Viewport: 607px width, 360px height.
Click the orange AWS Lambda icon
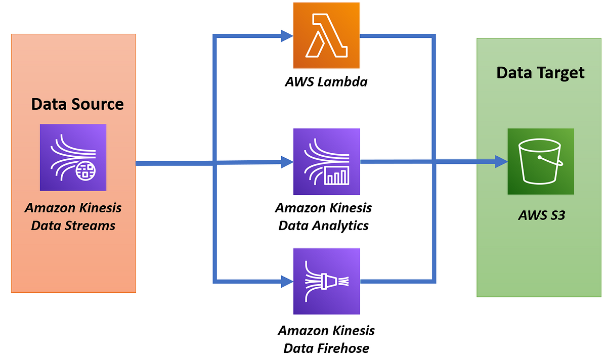[x=326, y=35]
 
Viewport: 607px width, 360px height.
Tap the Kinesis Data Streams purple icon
[x=73, y=157]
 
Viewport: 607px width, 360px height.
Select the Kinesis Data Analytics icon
[x=326, y=162]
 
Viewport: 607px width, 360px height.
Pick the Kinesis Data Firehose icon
[x=326, y=282]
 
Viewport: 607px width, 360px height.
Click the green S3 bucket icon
[x=541, y=162]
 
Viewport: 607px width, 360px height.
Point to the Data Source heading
[x=77, y=104]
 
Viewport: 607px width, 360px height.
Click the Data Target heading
[x=540, y=73]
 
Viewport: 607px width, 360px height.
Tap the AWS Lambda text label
[x=326, y=81]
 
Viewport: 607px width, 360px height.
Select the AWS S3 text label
[x=541, y=215]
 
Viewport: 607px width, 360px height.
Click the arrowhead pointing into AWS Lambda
[x=287, y=35]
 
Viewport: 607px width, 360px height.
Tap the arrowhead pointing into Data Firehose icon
[x=287, y=281]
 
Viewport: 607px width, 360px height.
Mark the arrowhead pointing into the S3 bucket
[x=501, y=162]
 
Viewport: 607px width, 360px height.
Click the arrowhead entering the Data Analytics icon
[x=287, y=162]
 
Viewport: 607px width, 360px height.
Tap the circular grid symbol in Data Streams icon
[x=86, y=172]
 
